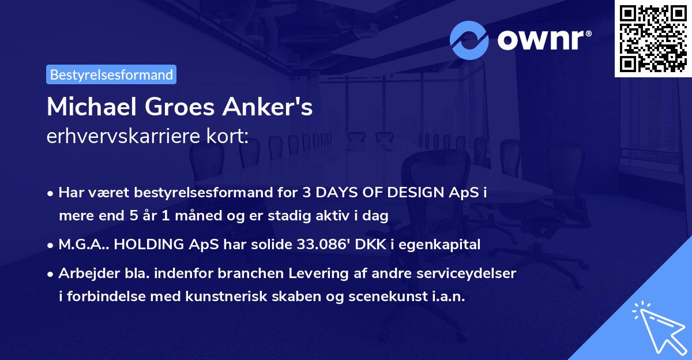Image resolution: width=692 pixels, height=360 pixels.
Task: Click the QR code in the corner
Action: click(x=653, y=38)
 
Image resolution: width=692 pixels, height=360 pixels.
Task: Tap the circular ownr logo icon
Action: click(x=469, y=40)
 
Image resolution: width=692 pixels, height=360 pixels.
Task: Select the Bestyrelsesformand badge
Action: click(x=111, y=74)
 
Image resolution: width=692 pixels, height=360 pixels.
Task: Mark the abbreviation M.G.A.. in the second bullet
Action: click(x=83, y=244)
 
